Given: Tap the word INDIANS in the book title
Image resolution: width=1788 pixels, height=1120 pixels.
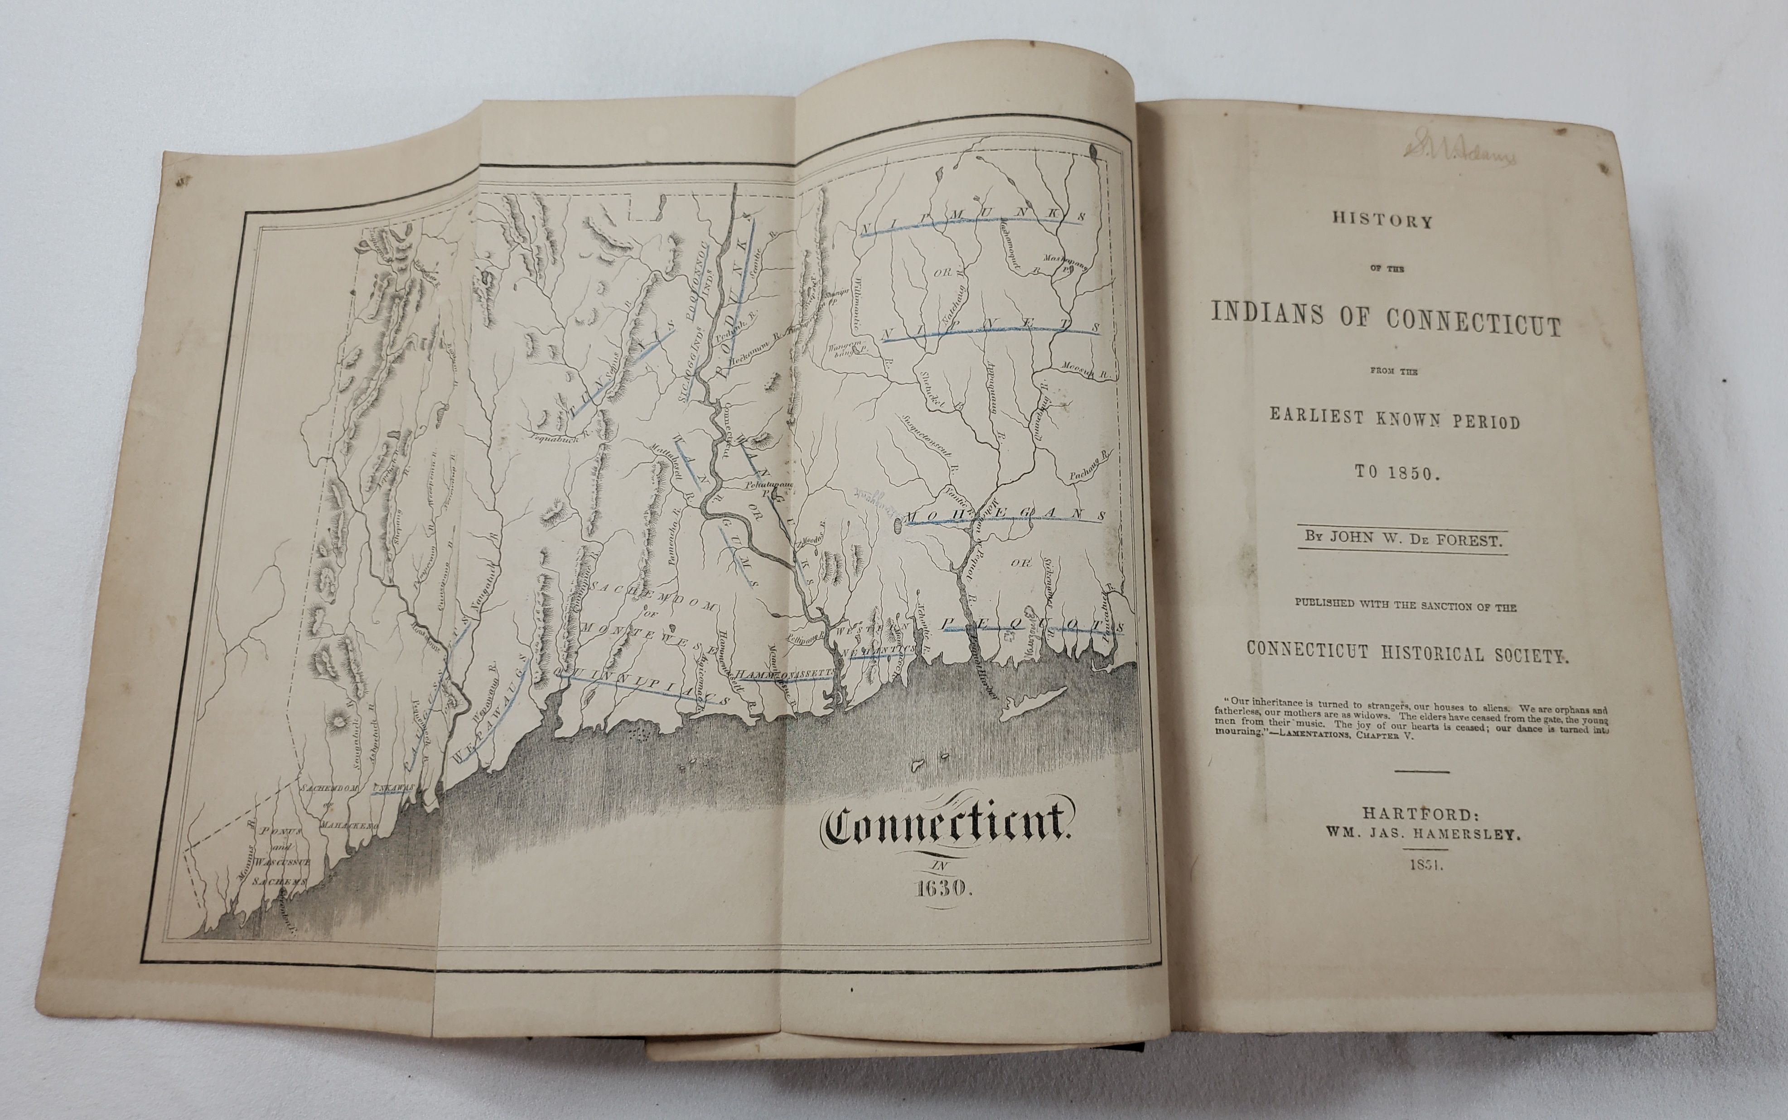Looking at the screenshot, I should pos(1269,313).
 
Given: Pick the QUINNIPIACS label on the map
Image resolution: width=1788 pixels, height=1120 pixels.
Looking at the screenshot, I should pos(637,685).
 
